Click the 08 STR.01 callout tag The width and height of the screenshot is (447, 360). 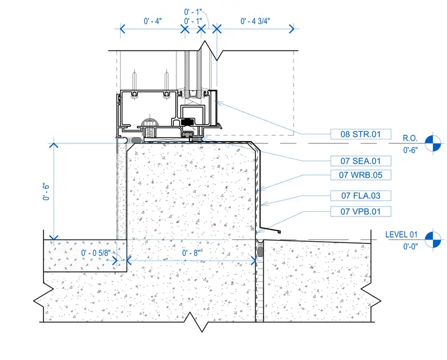coord(361,134)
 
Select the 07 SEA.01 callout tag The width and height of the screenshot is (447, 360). coord(361,161)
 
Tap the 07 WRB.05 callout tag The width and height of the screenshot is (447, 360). coord(361,175)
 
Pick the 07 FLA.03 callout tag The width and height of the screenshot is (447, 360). coord(361,196)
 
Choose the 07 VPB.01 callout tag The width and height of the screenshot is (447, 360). coord(361,212)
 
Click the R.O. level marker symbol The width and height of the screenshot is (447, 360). coord(433,144)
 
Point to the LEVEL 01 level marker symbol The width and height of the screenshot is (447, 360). coord(433,240)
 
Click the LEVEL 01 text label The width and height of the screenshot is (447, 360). coord(401,235)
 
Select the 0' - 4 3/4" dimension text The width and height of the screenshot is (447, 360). coord(255,21)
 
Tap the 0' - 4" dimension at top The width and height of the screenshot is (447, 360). coord(153,21)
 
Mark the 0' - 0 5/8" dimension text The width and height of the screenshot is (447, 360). coord(96,253)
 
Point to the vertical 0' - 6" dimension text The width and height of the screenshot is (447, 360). coord(46,191)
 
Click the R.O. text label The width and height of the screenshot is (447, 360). coord(410,138)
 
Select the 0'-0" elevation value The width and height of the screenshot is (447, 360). coord(411,246)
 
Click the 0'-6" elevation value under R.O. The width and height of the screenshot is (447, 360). coord(411,150)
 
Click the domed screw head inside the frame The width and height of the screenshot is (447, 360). coord(150,122)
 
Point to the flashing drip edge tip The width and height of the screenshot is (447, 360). coord(279,232)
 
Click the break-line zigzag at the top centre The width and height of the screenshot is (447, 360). coord(211,51)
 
